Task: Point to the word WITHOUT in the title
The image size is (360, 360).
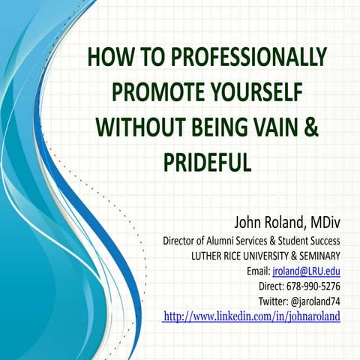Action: pyautogui.click(x=136, y=126)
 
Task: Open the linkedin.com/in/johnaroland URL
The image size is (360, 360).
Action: pyautogui.click(x=252, y=316)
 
